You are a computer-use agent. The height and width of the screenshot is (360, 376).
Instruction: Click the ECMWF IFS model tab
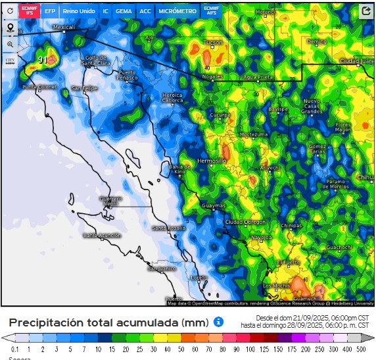(30, 11)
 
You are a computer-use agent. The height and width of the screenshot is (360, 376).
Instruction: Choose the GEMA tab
(123, 11)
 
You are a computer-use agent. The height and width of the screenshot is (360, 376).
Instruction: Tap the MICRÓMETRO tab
(177, 11)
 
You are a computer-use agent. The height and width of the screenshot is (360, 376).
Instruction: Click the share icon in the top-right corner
(366, 11)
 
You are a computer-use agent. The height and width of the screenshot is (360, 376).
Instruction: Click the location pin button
(11, 28)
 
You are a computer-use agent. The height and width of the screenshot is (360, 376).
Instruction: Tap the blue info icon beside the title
(218, 322)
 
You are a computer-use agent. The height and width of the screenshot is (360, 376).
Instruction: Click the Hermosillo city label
(212, 161)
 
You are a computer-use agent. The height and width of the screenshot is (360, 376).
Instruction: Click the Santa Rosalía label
(168, 228)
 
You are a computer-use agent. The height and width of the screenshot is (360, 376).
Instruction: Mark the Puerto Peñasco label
(128, 74)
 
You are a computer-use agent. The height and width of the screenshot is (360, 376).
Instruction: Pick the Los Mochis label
(276, 286)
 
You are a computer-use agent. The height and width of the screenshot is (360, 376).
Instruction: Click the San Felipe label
(84, 88)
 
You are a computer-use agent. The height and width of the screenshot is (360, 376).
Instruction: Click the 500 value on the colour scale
(362, 348)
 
